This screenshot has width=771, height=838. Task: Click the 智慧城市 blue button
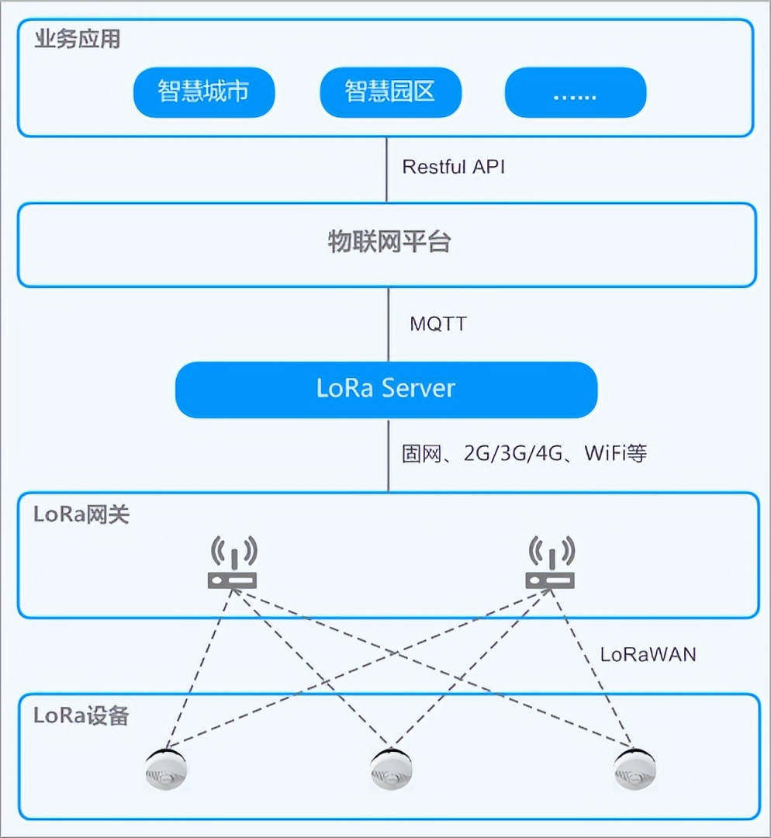click(204, 92)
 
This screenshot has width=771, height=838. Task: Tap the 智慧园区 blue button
click(390, 92)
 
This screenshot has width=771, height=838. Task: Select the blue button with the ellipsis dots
click(575, 92)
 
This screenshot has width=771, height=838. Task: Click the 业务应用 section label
click(78, 40)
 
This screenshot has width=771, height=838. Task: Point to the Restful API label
click(454, 167)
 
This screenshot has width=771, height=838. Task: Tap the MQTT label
click(438, 324)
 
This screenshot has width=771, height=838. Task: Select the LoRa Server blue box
click(385, 389)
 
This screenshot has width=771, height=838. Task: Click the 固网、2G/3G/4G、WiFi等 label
click(524, 454)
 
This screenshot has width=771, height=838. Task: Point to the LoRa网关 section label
click(81, 514)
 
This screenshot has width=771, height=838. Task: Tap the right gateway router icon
click(550, 565)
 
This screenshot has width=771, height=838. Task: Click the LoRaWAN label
click(648, 654)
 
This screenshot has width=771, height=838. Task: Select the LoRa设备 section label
click(81, 715)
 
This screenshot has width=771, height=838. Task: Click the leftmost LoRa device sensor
click(165, 769)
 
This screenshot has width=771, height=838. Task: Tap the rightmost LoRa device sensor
click(635, 769)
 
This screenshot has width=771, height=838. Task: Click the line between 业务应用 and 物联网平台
click(386, 170)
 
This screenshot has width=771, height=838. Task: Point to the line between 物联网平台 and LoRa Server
click(388, 324)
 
